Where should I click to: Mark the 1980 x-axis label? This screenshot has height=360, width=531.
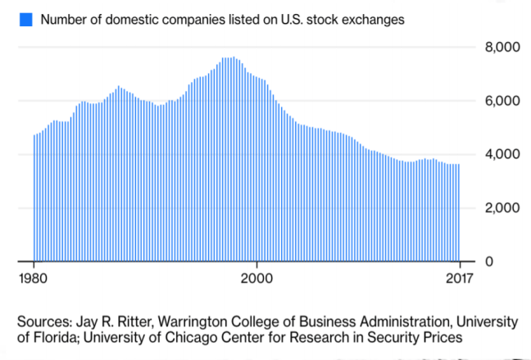pyautogui.click(x=34, y=276)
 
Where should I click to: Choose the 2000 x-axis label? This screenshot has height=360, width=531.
pyautogui.click(x=257, y=276)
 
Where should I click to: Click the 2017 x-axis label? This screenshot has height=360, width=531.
pyautogui.click(x=459, y=276)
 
